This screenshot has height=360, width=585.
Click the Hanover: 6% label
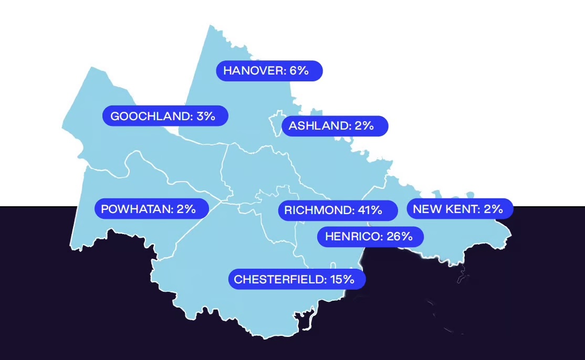(x=269, y=71)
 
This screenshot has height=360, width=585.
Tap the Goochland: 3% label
(x=165, y=116)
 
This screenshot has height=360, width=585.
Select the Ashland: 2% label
(x=335, y=126)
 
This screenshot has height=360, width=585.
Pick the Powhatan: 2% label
(x=151, y=209)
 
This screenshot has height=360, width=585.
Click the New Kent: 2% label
(x=459, y=209)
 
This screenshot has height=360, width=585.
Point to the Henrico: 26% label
(x=370, y=236)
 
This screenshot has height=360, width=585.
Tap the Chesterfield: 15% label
(x=297, y=279)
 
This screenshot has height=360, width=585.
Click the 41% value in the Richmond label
(x=370, y=210)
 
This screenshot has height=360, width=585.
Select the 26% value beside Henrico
(x=400, y=236)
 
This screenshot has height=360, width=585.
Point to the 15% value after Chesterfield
(x=342, y=279)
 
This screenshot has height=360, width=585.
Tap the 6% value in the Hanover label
(x=299, y=71)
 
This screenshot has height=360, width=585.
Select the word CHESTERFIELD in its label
(x=280, y=279)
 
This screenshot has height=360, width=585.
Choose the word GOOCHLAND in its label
(x=151, y=116)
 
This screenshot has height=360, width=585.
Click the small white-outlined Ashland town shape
(x=276, y=124)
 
